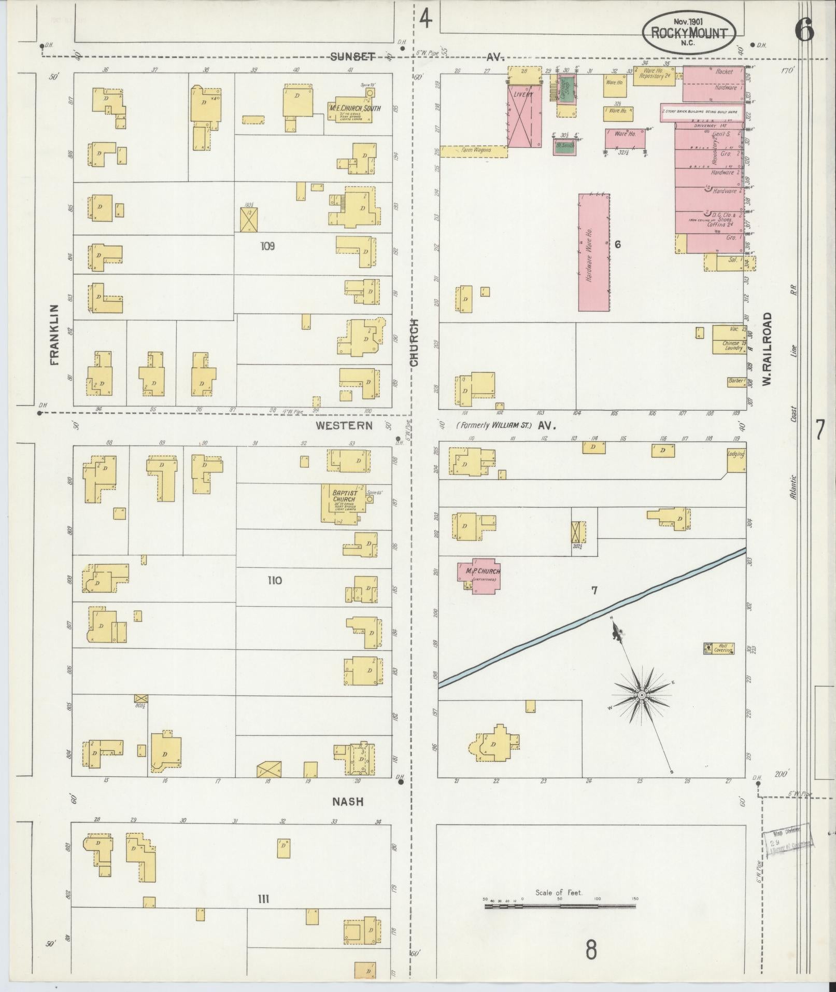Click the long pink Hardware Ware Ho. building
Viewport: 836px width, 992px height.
tap(593, 253)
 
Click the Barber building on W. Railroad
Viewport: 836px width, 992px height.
tap(735, 380)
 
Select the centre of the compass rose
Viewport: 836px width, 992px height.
tap(642, 694)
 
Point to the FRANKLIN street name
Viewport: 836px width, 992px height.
tap(54, 334)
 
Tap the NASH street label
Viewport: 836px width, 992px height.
tap(348, 802)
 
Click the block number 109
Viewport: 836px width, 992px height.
tap(267, 246)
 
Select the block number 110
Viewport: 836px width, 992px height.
tap(275, 580)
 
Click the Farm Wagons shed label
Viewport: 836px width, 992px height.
tap(473, 151)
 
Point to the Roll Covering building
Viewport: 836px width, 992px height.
tap(718, 648)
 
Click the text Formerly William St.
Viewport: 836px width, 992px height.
tap(493, 426)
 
